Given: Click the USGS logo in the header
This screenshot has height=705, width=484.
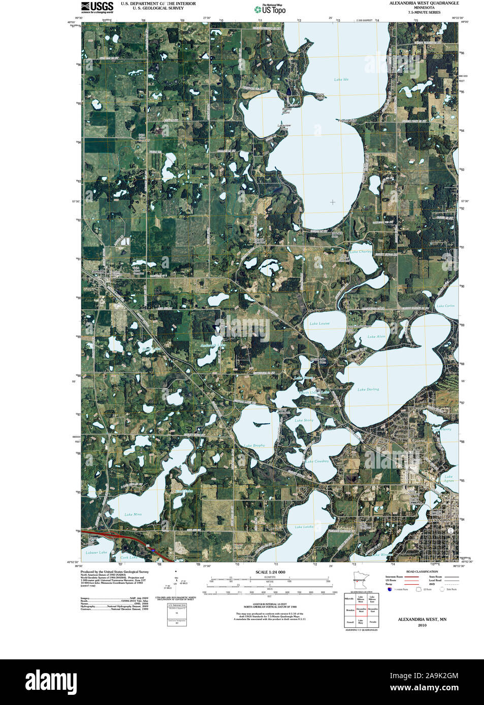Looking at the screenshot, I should point(97,7).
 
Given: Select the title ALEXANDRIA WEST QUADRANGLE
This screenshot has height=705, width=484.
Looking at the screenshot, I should point(424,3).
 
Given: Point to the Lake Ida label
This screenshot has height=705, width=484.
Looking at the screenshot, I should point(341,80).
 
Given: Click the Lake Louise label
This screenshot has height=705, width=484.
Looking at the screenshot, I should point(319,324).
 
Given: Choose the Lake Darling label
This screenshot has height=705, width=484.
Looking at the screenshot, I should point(368,390).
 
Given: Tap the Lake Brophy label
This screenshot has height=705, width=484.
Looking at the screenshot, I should point(254,445).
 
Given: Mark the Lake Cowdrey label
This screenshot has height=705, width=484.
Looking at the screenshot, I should point(317,462).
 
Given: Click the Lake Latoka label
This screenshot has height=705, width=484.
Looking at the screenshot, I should point(304,527).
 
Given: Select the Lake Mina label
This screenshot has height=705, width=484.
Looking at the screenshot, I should point(133,514).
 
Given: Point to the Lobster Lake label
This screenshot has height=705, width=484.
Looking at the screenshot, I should point(96,552).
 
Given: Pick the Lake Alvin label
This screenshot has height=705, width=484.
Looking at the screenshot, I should point(376,337).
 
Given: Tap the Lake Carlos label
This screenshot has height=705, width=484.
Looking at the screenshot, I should point(445,306).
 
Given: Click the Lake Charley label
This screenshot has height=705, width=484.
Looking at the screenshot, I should point(361,252).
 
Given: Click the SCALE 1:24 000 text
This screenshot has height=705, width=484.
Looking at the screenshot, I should point(270,572).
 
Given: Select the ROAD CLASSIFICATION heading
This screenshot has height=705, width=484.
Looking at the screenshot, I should point(422,572).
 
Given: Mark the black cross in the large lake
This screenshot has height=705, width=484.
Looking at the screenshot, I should point(333,202).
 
